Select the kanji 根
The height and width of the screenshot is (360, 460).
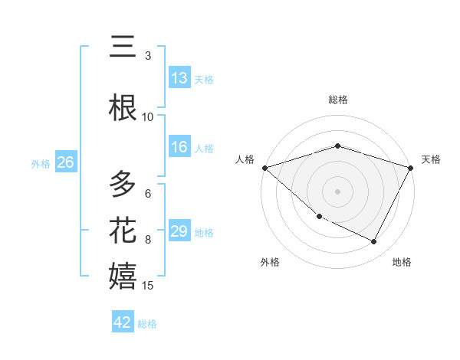click(x=123, y=108)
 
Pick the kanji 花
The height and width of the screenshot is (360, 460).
click(x=123, y=231)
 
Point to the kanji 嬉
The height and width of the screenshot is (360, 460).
click(x=123, y=277)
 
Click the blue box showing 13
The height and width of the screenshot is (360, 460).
click(x=179, y=78)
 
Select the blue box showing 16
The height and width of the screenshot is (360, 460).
click(x=179, y=148)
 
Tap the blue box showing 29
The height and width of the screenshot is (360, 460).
click(x=179, y=231)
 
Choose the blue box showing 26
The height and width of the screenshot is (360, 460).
click(x=65, y=162)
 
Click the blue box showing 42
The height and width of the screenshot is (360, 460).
click(x=123, y=322)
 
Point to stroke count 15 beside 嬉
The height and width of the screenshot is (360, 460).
click(x=148, y=286)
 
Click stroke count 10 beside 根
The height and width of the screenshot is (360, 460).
click(x=148, y=117)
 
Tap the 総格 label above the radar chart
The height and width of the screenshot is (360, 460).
click(x=337, y=100)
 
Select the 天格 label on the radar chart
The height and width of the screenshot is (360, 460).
click(x=431, y=159)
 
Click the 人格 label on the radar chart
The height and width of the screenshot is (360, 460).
click(x=245, y=159)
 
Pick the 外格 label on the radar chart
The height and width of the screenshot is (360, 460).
click(x=269, y=262)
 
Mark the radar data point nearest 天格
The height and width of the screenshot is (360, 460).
click(x=411, y=168)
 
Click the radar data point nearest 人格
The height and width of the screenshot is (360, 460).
click(x=264, y=168)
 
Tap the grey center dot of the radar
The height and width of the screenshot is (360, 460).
click(x=337, y=191)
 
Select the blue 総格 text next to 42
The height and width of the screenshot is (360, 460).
click(x=148, y=324)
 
